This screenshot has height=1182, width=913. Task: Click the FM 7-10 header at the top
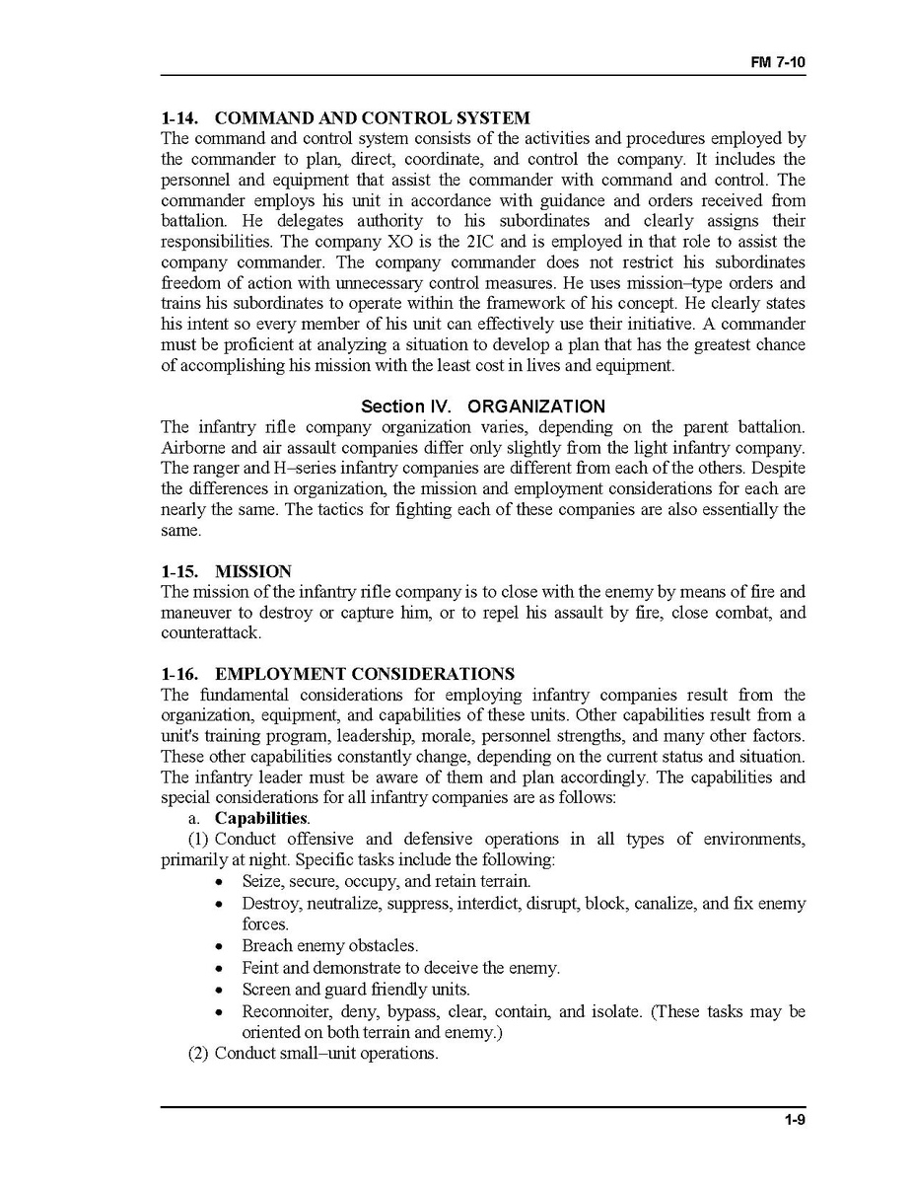click(778, 62)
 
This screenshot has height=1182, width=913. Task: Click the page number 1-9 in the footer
click(795, 1119)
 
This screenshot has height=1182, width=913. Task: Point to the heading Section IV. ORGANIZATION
click(483, 406)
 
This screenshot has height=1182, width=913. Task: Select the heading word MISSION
click(253, 571)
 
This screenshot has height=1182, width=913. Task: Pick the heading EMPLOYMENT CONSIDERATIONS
click(364, 674)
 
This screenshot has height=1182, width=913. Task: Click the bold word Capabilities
click(261, 819)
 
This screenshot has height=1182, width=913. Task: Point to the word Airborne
click(193, 448)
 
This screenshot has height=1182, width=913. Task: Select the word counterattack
click(210, 633)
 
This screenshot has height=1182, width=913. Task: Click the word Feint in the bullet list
click(261, 968)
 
